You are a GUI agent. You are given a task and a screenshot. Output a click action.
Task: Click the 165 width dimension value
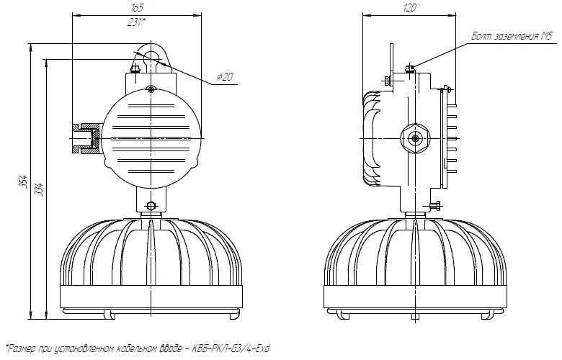138,8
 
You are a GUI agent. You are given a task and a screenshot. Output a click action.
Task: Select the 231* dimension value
137,22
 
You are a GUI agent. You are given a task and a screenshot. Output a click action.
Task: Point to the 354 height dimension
22,181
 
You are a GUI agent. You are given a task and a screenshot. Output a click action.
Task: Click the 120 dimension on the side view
409,8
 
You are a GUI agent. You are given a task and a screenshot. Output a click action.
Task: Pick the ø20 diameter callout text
225,76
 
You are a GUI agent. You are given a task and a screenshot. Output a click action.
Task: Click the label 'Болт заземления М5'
512,36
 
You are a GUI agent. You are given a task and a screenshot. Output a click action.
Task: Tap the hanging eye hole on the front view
151,58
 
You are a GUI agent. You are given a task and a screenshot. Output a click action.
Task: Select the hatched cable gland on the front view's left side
86,138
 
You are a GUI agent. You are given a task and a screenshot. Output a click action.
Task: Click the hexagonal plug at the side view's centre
416,138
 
